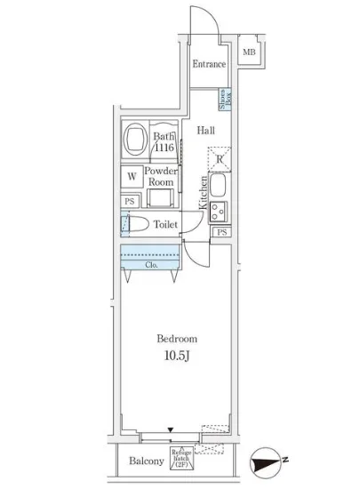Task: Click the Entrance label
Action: click(209, 64)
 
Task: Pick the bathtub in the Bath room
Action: click(136, 140)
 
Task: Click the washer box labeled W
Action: click(131, 176)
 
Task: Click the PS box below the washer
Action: click(129, 201)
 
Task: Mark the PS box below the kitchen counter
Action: click(221, 232)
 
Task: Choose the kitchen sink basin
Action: click(220, 187)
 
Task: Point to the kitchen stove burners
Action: click(219, 212)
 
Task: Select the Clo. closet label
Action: click(151, 264)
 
